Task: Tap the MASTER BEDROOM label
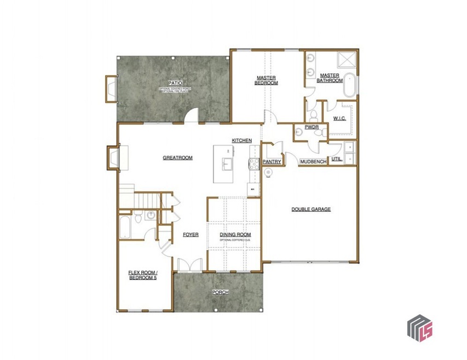tap(267, 80)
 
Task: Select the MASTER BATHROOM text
tap(331, 78)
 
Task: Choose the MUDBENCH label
tap(313, 162)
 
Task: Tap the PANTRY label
tap(272, 162)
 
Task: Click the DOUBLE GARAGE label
tap(310, 209)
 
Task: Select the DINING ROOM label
tap(234, 234)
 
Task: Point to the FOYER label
tap(191, 235)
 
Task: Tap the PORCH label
tap(220, 292)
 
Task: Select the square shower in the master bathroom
tap(346, 59)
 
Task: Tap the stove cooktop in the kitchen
tap(254, 162)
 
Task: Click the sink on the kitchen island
tap(226, 164)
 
